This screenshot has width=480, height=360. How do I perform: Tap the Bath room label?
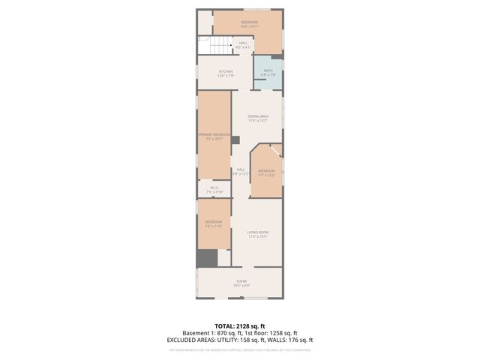point(268,72)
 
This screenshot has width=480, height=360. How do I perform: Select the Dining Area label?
point(259,118)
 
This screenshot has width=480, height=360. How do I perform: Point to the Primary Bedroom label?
point(214,136)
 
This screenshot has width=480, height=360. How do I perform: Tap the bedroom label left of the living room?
point(214,223)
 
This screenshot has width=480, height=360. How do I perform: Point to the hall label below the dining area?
point(241,171)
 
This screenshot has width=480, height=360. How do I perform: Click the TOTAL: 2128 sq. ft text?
point(240,325)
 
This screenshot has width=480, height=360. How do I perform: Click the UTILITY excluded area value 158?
point(239,340)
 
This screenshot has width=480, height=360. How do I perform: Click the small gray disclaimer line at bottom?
point(240,349)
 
